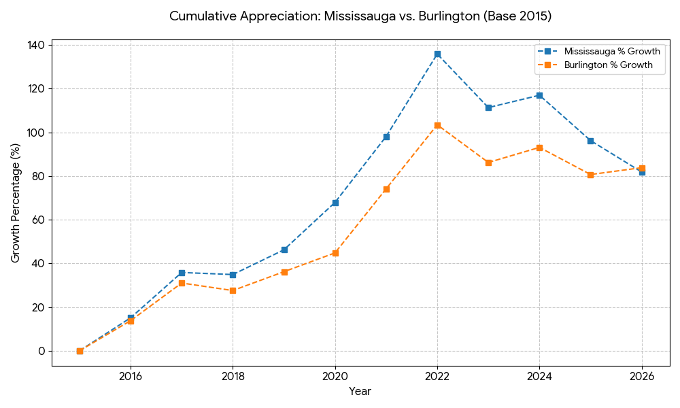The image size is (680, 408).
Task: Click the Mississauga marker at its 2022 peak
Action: click(x=437, y=54)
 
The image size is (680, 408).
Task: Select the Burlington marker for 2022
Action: click(x=437, y=125)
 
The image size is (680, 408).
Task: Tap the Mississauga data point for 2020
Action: click(x=335, y=203)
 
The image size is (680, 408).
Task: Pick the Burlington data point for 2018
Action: click(x=233, y=290)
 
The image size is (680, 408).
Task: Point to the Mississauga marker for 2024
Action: click(x=539, y=96)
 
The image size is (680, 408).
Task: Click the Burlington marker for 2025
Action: click(x=590, y=175)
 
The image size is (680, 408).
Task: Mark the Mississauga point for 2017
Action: click(x=182, y=273)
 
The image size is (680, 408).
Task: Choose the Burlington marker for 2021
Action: click(x=386, y=189)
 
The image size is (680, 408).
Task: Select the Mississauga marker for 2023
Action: click(x=488, y=107)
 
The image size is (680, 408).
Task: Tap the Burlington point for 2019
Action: click(x=284, y=272)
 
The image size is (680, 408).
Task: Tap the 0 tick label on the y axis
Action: click(x=41, y=352)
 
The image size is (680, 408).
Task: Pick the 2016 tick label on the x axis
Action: click(x=131, y=376)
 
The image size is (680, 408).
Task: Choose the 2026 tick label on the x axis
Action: click(x=641, y=376)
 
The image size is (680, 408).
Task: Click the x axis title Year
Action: click(x=360, y=392)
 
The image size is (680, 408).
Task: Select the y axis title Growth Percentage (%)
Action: click(x=16, y=203)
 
